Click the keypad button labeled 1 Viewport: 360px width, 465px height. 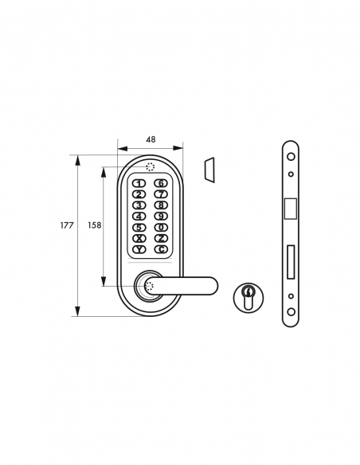[139, 184]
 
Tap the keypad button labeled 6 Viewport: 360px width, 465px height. [161, 184]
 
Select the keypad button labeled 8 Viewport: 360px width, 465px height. [161, 205]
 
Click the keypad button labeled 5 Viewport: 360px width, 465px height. [139, 228]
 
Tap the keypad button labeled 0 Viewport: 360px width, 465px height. [161, 228]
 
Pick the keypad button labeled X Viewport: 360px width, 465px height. [139, 239]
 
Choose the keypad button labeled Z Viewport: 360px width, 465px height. [161, 239]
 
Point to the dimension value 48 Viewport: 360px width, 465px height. [151, 139]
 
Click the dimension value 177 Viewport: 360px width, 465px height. [67, 226]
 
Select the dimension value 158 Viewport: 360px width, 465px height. [93, 226]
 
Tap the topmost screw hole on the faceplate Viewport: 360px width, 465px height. [291, 155]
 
